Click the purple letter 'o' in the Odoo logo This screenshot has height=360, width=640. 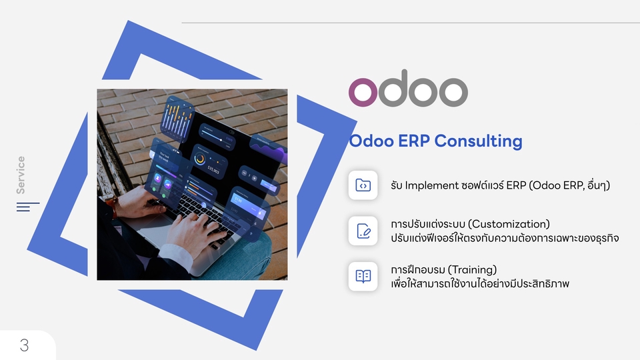coord(363,92)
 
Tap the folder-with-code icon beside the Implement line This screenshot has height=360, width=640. coord(363,185)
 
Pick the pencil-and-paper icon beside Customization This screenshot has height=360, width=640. coord(363,231)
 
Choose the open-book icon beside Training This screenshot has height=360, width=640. coord(363,276)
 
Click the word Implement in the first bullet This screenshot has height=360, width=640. coord(431,185)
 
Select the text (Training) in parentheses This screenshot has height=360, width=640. coord(472,269)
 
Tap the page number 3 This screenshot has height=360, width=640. coord(25,345)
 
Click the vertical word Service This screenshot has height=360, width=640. coord(21,175)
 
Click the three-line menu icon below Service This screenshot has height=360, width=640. coord(27,207)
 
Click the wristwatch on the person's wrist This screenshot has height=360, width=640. coord(114,206)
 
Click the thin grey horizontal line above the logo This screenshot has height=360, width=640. coord(410,23)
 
